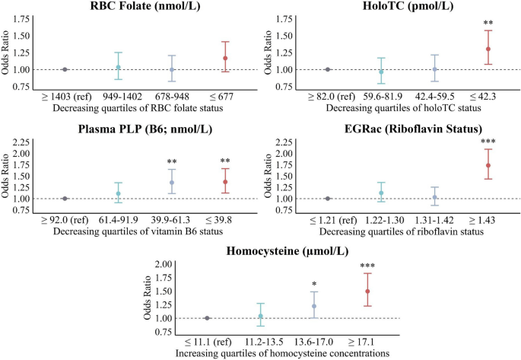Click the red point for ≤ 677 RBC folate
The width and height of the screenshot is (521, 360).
(x=225, y=58)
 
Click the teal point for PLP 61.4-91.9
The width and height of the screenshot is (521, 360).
(x=118, y=193)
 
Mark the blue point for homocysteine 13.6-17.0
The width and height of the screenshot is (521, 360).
(x=314, y=306)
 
